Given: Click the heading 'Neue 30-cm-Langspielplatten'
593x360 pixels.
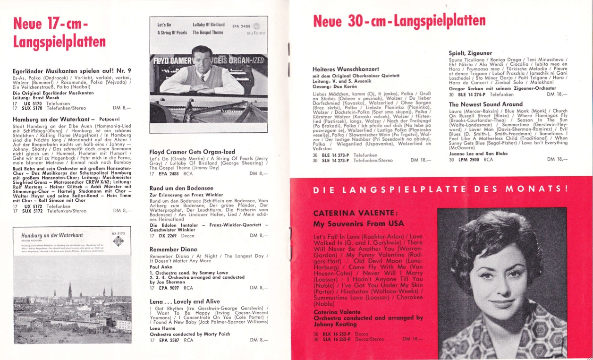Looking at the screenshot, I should (399, 21).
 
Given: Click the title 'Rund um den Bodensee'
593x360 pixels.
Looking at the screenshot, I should (174, 188).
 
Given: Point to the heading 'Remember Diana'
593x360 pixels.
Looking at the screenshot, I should (170, 249).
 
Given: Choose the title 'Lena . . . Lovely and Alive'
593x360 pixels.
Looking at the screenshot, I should (178, 301).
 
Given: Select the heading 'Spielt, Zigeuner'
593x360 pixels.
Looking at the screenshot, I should (470, 53).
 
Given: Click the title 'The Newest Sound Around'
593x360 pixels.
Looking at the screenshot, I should (485, 104).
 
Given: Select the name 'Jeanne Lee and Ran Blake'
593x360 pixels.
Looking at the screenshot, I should (478, 153).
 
